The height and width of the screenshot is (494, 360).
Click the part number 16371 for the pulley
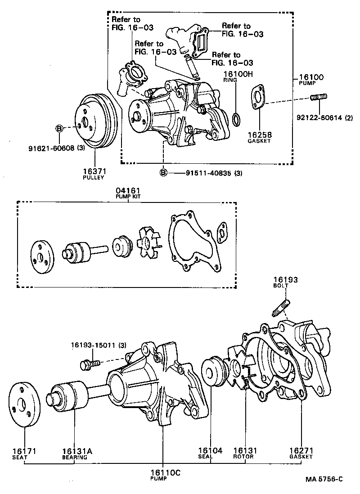point(93,171)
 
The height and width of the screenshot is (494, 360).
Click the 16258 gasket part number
point(259,135)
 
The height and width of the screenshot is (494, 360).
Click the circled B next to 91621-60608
point(59,128)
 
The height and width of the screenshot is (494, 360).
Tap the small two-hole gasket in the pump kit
point(221,231)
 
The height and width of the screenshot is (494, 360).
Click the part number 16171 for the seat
point(24,450)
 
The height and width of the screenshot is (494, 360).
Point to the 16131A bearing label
point(74,450)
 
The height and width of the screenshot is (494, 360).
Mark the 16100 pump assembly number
point(311,77)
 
